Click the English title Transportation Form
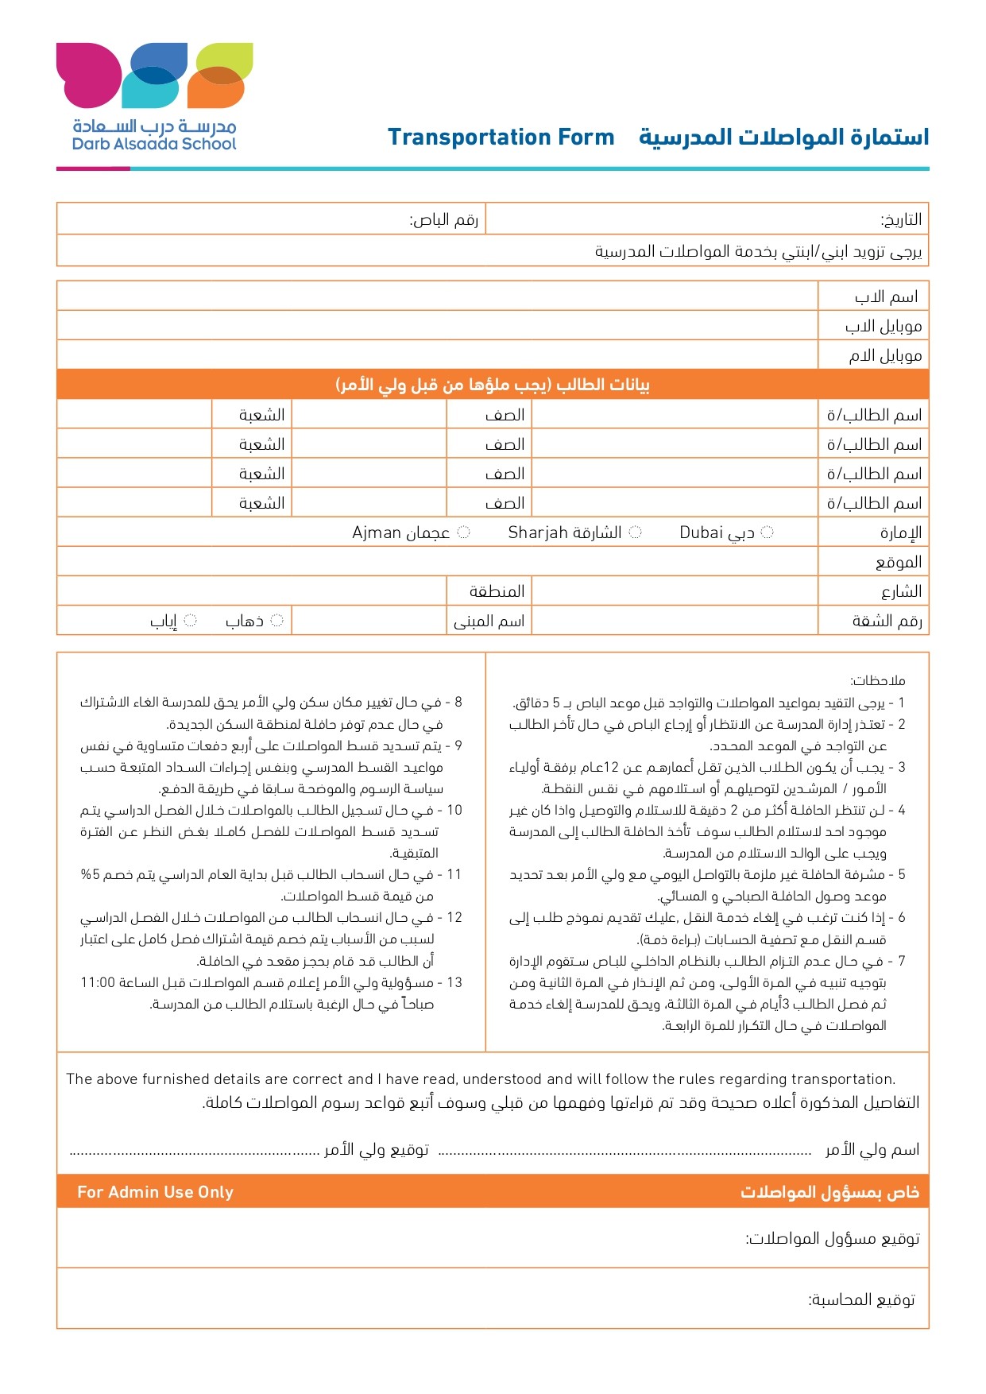tap(501, 137)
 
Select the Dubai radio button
tap(767, 532)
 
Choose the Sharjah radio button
tap(635, 532)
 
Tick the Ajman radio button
tap(464, 532)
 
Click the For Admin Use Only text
tap(155, 1192)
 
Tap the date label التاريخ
tap(901, 219)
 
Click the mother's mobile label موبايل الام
tap(885, 356)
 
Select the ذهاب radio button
tap(276, 621)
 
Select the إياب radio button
tap(191, 621)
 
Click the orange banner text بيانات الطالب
tap(493, 385)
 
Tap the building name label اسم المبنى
tap(489, 621)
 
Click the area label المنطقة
tap(497, 592)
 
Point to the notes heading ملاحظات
tap(877, 681)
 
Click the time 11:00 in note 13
tap(98, 983)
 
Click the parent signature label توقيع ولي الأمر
tap(376, 1150)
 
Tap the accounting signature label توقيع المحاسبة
tap(861, 1300)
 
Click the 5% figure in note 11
tap(90, 875)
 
